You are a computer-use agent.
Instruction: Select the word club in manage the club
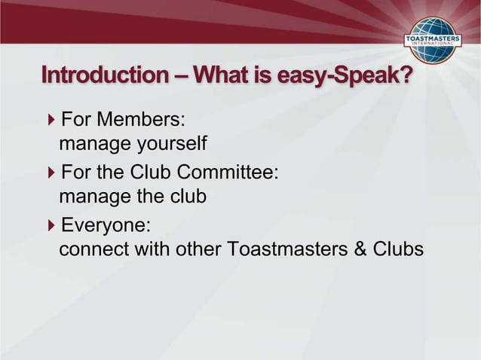point(188,197)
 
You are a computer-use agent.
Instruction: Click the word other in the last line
point(202,249)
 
